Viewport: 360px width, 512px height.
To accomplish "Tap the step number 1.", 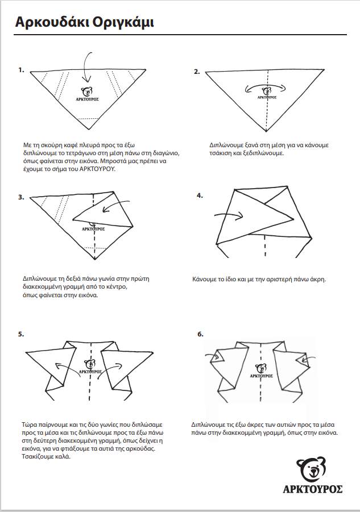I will tap(21, 70).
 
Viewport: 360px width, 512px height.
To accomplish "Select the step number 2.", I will tap(197, 72).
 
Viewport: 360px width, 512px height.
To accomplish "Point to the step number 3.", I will tap(21, 197).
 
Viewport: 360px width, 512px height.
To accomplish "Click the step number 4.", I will tap(200, 195).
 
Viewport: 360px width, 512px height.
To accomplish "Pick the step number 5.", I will tap(21, 334).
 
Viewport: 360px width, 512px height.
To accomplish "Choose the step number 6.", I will tap(200, 334).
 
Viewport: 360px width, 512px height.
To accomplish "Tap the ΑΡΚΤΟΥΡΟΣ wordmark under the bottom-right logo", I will tap(312, 489).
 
